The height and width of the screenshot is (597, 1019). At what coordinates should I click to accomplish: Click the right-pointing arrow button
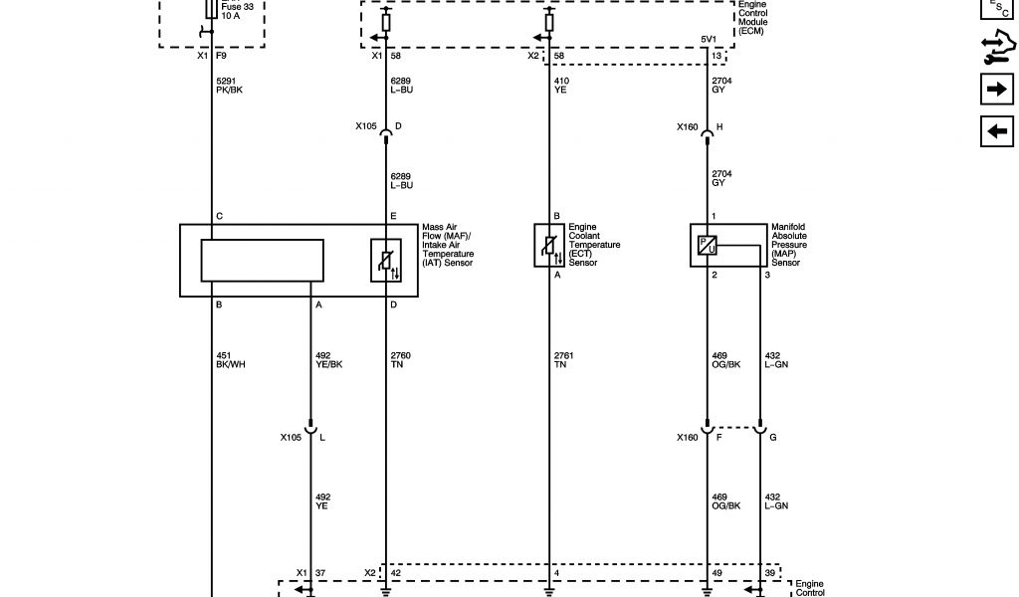pos(996,91)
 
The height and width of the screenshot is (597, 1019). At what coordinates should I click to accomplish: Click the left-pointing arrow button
pos(996,130)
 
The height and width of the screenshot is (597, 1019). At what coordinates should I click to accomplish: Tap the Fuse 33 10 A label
pos(236,12)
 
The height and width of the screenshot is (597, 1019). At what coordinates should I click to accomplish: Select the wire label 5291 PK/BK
pos(229,85)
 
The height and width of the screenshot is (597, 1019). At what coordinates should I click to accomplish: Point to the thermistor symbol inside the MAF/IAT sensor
pos(386,260)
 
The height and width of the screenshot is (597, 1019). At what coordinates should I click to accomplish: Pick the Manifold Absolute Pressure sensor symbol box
pos(706,245)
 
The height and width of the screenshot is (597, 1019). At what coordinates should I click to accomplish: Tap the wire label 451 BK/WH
pos(230,360)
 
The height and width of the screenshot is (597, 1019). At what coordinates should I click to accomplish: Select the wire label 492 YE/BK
pos(329,360)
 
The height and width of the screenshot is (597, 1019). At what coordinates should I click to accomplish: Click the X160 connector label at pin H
pos(688,126)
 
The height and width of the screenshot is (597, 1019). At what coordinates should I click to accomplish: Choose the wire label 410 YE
pos(561,85)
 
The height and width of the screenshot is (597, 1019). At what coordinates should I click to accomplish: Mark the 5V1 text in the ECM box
pos(708,41)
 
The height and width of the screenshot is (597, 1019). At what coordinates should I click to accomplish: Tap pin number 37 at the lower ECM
pos(320,572)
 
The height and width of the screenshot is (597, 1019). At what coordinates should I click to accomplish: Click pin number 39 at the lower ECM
pos(768,572)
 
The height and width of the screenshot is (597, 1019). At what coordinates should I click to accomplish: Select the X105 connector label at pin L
pos(292,437)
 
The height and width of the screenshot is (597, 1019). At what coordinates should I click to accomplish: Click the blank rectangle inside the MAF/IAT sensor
pos(262,260)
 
